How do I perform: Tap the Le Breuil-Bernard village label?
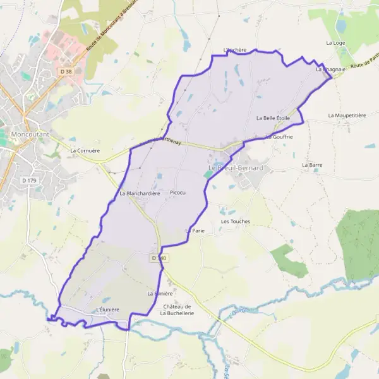236,169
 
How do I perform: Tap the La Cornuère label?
85,151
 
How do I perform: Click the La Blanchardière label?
140,193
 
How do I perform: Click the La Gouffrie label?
279,136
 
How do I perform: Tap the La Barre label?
313,165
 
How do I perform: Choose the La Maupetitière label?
347,116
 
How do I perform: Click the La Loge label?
335,43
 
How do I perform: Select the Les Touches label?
236,222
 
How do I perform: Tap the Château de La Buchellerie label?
178,310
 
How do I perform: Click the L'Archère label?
234,50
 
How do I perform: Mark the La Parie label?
195,231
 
